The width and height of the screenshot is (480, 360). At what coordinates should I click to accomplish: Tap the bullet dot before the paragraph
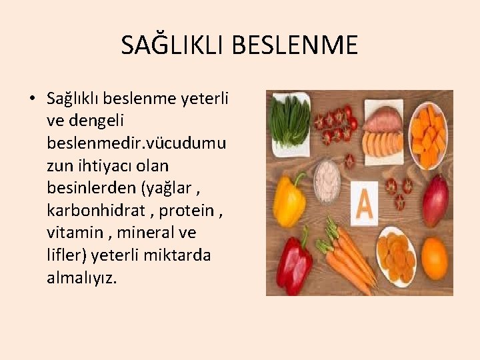coord(32,99)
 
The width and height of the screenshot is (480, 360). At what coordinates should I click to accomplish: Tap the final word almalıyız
coord(81,278)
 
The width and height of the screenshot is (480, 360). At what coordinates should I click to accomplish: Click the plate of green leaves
coord(289,120)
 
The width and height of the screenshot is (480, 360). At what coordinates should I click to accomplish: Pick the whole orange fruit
coord(434,258)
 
